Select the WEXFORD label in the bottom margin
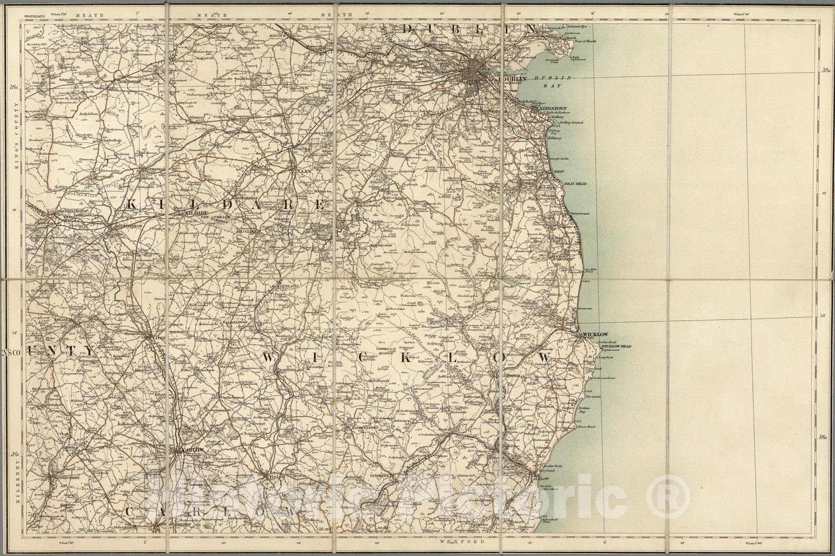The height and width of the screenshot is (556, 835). [x=459, y=541]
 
